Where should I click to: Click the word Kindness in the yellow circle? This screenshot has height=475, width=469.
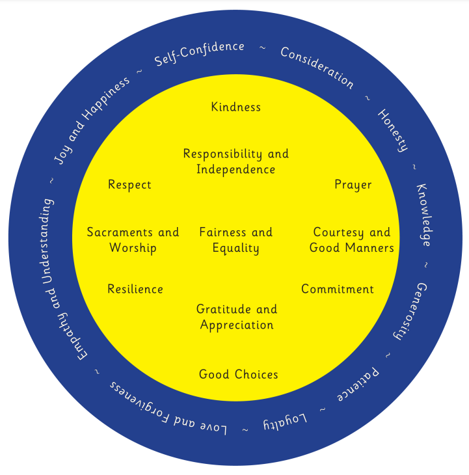tap(235, 107)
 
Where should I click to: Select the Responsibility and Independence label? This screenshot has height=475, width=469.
tap(235, 161)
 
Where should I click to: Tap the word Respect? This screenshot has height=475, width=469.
tap(129, 185)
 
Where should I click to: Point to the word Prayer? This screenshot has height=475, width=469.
tap(353, 185)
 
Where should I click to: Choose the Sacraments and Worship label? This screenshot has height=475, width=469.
tap(133, 240)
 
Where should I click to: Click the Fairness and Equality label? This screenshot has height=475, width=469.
tap(235, 240)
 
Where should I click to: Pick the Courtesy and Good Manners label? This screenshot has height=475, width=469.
tap(352, 240)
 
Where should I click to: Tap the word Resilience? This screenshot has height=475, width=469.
tap(135, 289)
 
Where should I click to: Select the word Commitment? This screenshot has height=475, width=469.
tap(338, 289)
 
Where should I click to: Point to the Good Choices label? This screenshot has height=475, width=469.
tap(239, 374)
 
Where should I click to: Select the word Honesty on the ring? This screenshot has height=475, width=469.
tap(393, 130)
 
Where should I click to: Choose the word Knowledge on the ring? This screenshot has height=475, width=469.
tap(423, 214)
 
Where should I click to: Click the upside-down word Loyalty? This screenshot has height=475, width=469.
tap(284, 422)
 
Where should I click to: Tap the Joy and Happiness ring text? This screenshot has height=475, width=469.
tap(91, 120)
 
